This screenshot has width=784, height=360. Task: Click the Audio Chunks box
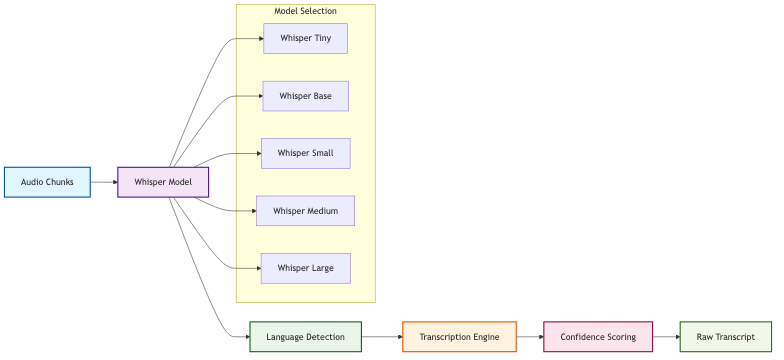click(47, 182)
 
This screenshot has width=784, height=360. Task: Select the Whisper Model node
click(163, 182)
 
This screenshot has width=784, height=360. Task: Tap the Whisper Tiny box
click(305, 39)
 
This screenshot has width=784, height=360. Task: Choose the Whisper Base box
click(305, 96)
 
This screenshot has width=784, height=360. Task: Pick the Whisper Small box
click(305, 153)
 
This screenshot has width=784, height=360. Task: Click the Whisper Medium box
click(305, 211)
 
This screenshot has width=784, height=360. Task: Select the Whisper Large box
click(305, 268)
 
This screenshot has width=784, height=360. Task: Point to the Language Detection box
click(305, 337)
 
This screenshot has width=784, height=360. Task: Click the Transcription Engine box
click(459, 337)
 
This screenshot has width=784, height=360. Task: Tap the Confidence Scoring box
click(598, 337)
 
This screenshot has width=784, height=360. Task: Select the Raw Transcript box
click(725, 337)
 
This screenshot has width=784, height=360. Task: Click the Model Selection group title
click(305, 11)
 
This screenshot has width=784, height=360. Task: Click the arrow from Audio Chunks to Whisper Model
click(104, 182)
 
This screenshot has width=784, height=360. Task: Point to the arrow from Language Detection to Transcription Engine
click(381, 337)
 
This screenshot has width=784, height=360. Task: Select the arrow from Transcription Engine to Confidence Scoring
click(529, 337)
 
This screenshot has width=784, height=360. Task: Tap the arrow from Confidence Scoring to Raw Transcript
click(665, 337)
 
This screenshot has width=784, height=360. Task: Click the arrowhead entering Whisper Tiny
click(259, 39)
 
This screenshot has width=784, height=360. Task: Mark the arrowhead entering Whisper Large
click(257, 268)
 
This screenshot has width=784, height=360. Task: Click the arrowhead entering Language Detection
click(245, 337)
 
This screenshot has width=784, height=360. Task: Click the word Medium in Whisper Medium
click(321, 211)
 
